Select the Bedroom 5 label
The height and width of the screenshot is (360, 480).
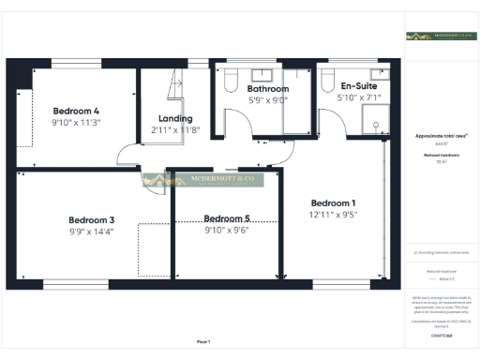226,218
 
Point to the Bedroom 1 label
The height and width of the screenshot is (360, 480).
334,202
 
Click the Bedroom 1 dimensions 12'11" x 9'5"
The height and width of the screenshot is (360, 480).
334,215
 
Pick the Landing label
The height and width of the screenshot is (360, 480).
176,118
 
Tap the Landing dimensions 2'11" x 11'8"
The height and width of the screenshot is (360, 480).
176,130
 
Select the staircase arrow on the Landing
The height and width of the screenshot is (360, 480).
175,86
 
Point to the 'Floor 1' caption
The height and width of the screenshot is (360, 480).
202,341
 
